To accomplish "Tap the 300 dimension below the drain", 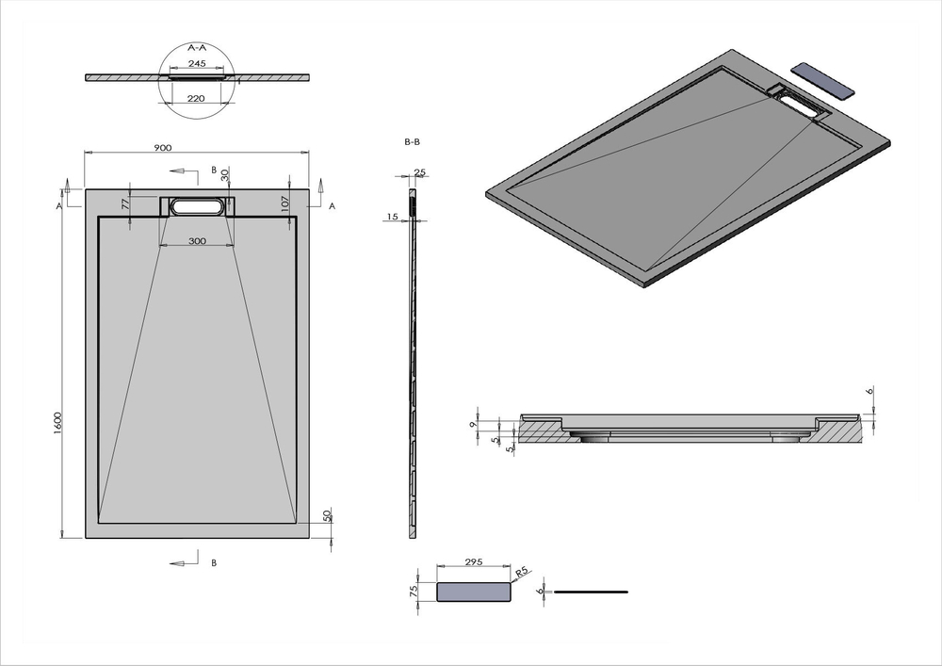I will (196, 241).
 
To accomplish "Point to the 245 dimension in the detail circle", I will (197, 64).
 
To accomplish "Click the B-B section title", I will (412, 141).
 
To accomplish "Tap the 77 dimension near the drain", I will (125, 203).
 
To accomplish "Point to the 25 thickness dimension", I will (420, 172).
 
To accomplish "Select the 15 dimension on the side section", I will (391, 218).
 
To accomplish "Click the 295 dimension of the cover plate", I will (473, 562).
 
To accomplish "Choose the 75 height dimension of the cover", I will (414, 591).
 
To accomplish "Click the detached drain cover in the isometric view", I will (823, 82).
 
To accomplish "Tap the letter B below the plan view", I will (214, 562).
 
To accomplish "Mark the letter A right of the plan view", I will (331, 204).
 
